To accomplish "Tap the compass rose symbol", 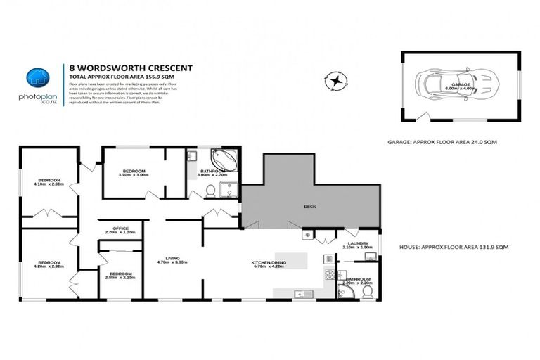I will click(337, 82).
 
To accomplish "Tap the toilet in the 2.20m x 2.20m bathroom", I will click(366, 291).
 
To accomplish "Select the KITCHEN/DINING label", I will click(268, 263).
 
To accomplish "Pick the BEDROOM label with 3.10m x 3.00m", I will click(134, 171).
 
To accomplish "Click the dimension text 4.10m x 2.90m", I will click(49, 188).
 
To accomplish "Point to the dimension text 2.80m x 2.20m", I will click(120, 278).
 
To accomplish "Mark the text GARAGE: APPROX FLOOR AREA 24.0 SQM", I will click(442, 141).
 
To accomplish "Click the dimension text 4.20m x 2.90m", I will click(49, 267).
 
